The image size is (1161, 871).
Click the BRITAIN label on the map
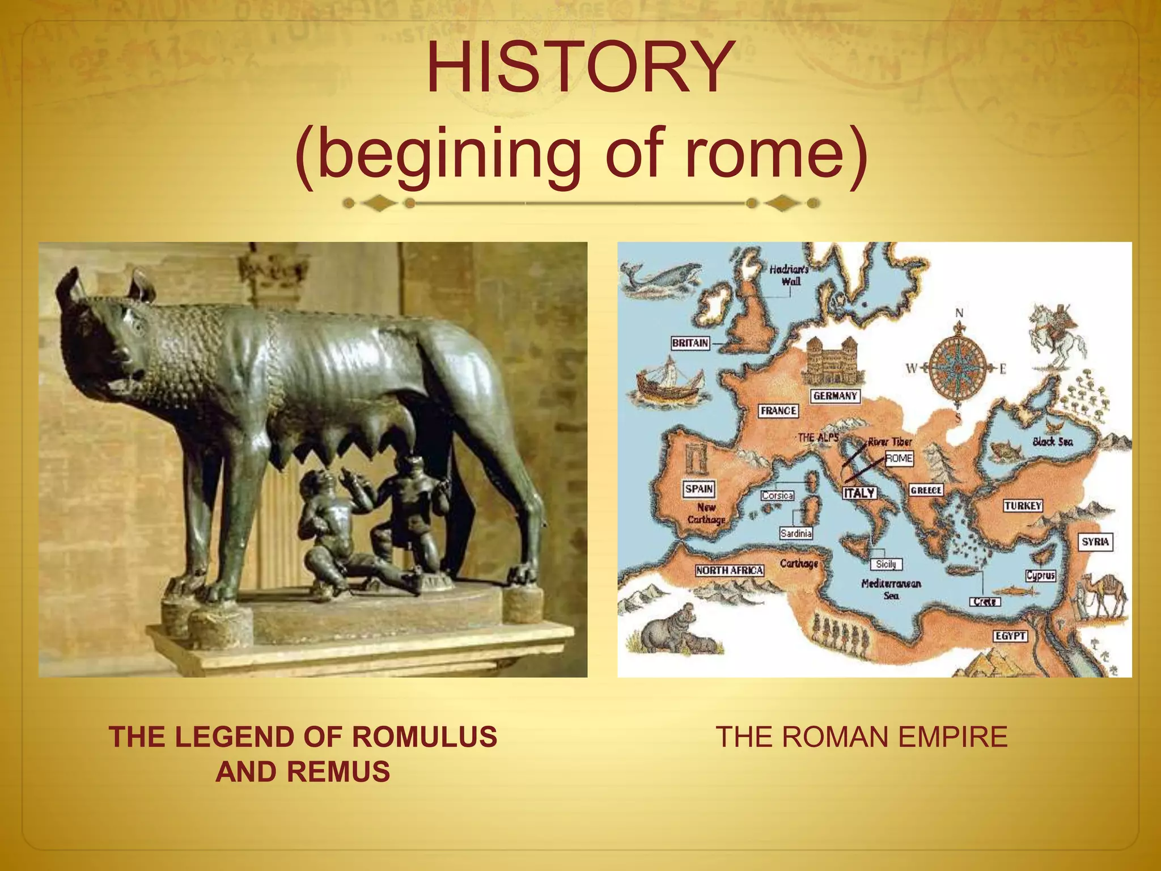[x=690, y=343]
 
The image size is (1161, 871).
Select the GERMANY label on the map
[x=834, y=396]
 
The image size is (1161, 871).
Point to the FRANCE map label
[x=778, y=411]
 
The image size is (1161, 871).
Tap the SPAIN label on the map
[x=699, y=489]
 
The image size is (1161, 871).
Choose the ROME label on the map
[x=899, y=458]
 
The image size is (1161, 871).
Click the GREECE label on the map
[x=926, y=490]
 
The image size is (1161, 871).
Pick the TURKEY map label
[x=1023, y=506]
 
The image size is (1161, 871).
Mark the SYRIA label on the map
[x=1095, y=542]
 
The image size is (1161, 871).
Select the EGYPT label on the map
[x=1010, y=636]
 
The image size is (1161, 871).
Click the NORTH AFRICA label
[x=730, y=570]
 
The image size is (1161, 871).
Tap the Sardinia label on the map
[x=796, y=533]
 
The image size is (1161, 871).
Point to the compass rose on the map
[x=958, y=368]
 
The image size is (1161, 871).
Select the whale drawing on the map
[x=658, y=278]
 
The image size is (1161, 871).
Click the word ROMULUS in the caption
[x=424, y=737]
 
